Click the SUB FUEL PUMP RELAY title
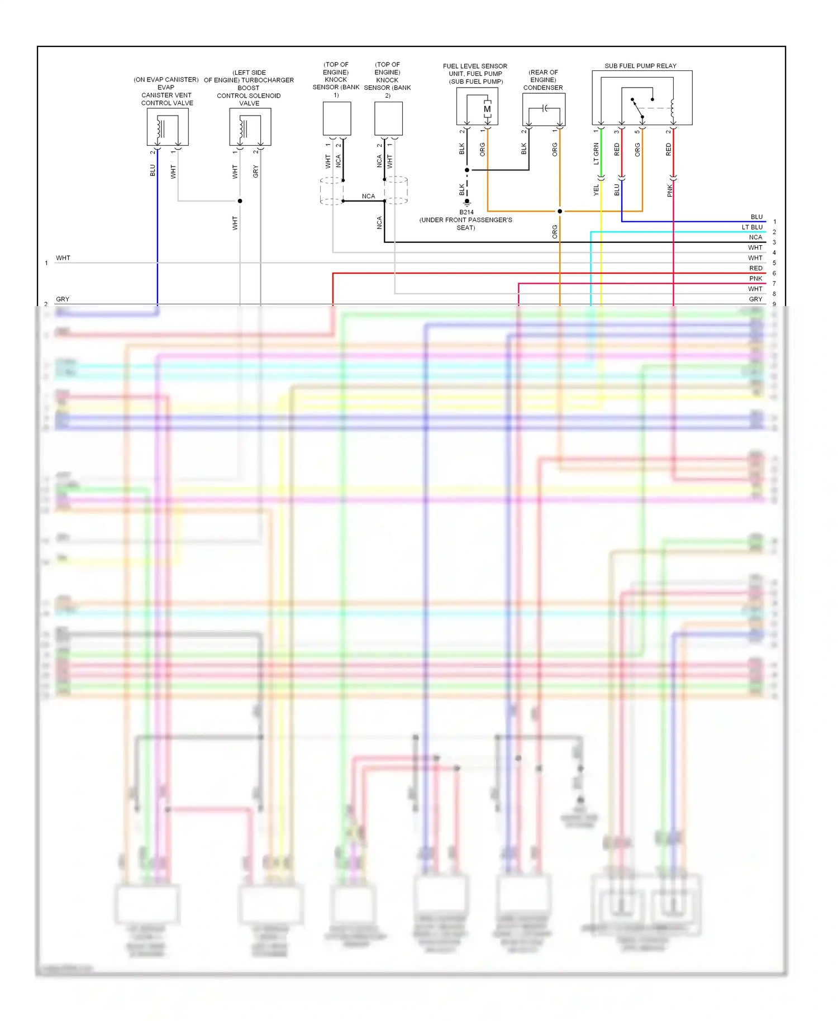pos(640,66)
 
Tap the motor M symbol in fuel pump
pos(487,109)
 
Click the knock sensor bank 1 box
pos(337,118)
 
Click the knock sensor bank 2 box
pos(388,118)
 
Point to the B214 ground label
pos(466,212)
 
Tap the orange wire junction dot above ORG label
pos(560,211)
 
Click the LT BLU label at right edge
pos(752,227)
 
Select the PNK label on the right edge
pos(755,279)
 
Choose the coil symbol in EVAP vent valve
pos(160,128)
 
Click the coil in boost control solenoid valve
pos(243,128)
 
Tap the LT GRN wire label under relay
pos(596,154)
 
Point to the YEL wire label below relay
pos(596,190)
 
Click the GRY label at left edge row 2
pos(63,299)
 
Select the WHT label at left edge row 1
pos(63,258)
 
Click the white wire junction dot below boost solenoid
pos(240,201)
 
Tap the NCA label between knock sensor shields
pos(368,196)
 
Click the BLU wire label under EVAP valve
pos(153,170)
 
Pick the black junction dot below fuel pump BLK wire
pos(467,170)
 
